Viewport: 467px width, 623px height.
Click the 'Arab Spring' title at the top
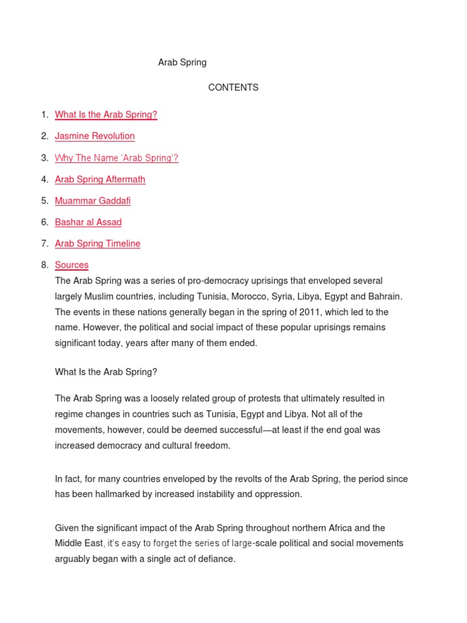click(x=182, y=62)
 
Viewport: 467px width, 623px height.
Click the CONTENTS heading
click(x=233, y=88)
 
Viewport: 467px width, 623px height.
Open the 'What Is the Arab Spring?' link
click(x=106, y=114)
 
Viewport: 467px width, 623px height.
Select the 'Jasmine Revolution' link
click(x=95, y=136)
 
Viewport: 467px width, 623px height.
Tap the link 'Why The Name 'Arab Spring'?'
click(x=117, y=158)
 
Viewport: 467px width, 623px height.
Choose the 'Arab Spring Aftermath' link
click(x=100, y=179)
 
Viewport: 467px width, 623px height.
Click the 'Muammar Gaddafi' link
click(x=92, y=200)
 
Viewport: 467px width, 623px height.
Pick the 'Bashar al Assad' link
click(x=88, y=222)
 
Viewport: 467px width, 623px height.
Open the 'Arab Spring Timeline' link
click(x=97, y=243)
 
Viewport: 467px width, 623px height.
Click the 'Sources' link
click(x=72, y=265)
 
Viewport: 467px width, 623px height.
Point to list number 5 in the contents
click(x=44, y=200)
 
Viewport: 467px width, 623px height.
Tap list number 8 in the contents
click(x=44, y=265)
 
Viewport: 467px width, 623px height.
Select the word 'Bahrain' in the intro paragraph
click(x=384, y=296)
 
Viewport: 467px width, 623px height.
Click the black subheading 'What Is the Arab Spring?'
click(x=106, y=371)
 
